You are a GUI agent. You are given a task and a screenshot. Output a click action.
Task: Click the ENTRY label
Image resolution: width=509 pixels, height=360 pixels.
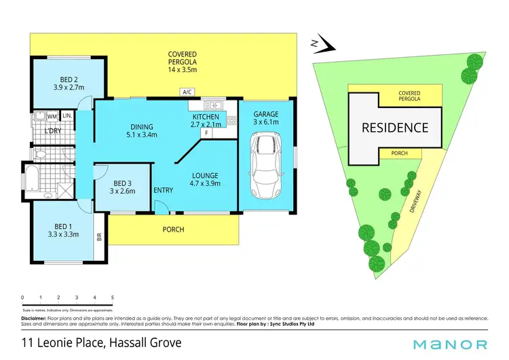(x=163, y=190)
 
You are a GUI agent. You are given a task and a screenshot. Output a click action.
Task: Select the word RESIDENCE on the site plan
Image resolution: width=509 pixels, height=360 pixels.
(x=394, y=127)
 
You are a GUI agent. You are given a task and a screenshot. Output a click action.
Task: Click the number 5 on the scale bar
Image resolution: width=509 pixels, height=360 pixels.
(x=112, y=298)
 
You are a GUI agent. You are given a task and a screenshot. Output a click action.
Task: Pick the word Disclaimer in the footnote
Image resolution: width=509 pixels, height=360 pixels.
(x=34, y=319)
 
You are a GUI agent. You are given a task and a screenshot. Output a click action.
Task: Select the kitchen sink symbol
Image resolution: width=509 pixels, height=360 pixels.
(x=215, y=105)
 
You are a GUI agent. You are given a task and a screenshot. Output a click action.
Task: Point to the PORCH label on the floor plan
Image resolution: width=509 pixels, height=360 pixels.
(x=173, y=230)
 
